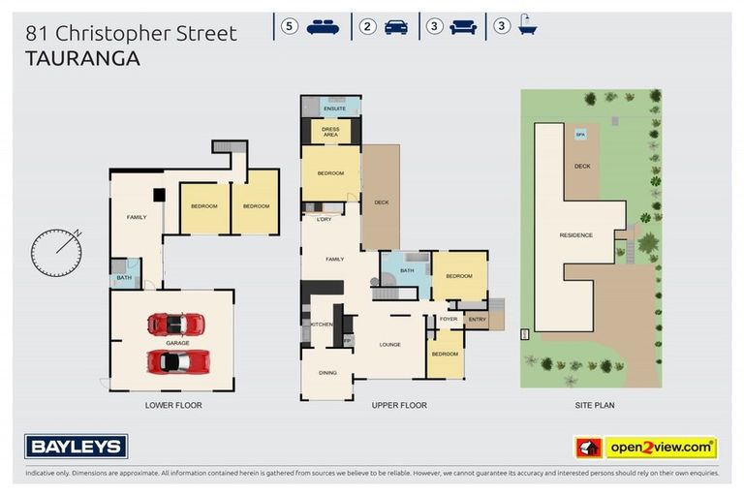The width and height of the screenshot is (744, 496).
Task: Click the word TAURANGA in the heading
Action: point(82,58)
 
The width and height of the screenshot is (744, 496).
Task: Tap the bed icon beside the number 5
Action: point(323,27)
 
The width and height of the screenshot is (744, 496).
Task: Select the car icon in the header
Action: point(395,27)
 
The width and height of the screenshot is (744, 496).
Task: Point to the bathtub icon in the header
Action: point(527,27)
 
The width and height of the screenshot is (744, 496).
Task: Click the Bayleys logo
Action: point(76,447)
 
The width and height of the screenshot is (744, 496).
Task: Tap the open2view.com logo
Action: point(646,448)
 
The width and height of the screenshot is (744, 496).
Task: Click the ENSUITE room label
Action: point(334,108)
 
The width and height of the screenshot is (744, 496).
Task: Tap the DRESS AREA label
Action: point(330,132)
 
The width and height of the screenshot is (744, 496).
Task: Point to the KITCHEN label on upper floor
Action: point(322,324)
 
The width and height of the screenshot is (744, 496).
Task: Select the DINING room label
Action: point(327,372)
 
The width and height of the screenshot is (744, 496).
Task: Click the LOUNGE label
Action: point(389,344)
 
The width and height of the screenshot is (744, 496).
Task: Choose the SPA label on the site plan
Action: point(580,135)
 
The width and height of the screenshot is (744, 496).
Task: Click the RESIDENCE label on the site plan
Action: point(576,235)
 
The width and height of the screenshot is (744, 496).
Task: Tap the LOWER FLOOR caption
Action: point(173,405)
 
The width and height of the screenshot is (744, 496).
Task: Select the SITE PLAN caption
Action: point(591,405)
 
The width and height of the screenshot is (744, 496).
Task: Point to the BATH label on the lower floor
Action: point(124,278)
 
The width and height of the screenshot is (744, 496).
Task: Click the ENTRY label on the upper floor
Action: point(477,319)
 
